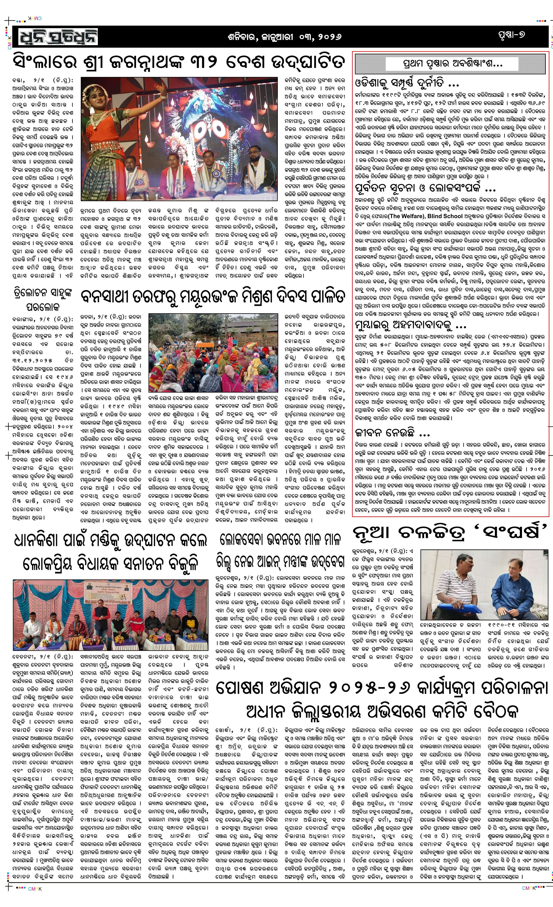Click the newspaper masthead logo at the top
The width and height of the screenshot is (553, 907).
pos(55,36)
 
